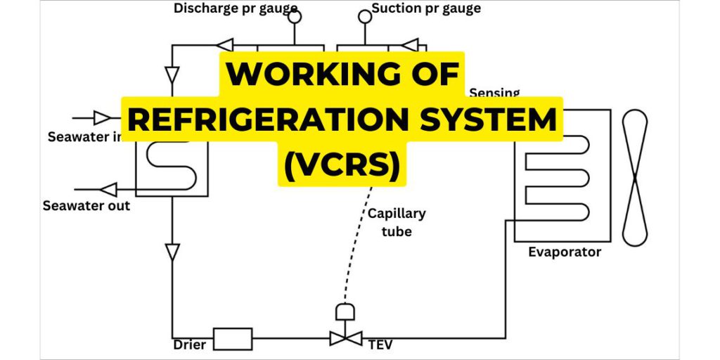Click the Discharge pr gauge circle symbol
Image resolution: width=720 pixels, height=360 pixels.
click(295, 17)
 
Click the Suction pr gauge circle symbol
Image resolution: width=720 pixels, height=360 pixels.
click(364, 15)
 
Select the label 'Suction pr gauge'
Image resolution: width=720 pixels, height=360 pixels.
click(426, 8)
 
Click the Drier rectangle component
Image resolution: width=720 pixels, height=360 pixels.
click(233, 339)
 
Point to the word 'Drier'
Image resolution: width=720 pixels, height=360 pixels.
click(190, 345)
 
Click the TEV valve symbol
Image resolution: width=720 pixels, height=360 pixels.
click(346, 338)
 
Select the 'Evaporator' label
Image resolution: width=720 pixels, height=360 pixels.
click(565, 252)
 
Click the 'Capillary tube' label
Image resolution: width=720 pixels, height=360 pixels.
click(397, 222)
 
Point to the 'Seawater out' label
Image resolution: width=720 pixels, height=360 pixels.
click(86, 206)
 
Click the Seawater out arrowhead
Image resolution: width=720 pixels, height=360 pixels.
click(108, 188)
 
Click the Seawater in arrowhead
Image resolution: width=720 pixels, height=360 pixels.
click(103, 117)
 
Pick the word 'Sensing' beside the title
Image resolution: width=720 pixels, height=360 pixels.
click(494, 93)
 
